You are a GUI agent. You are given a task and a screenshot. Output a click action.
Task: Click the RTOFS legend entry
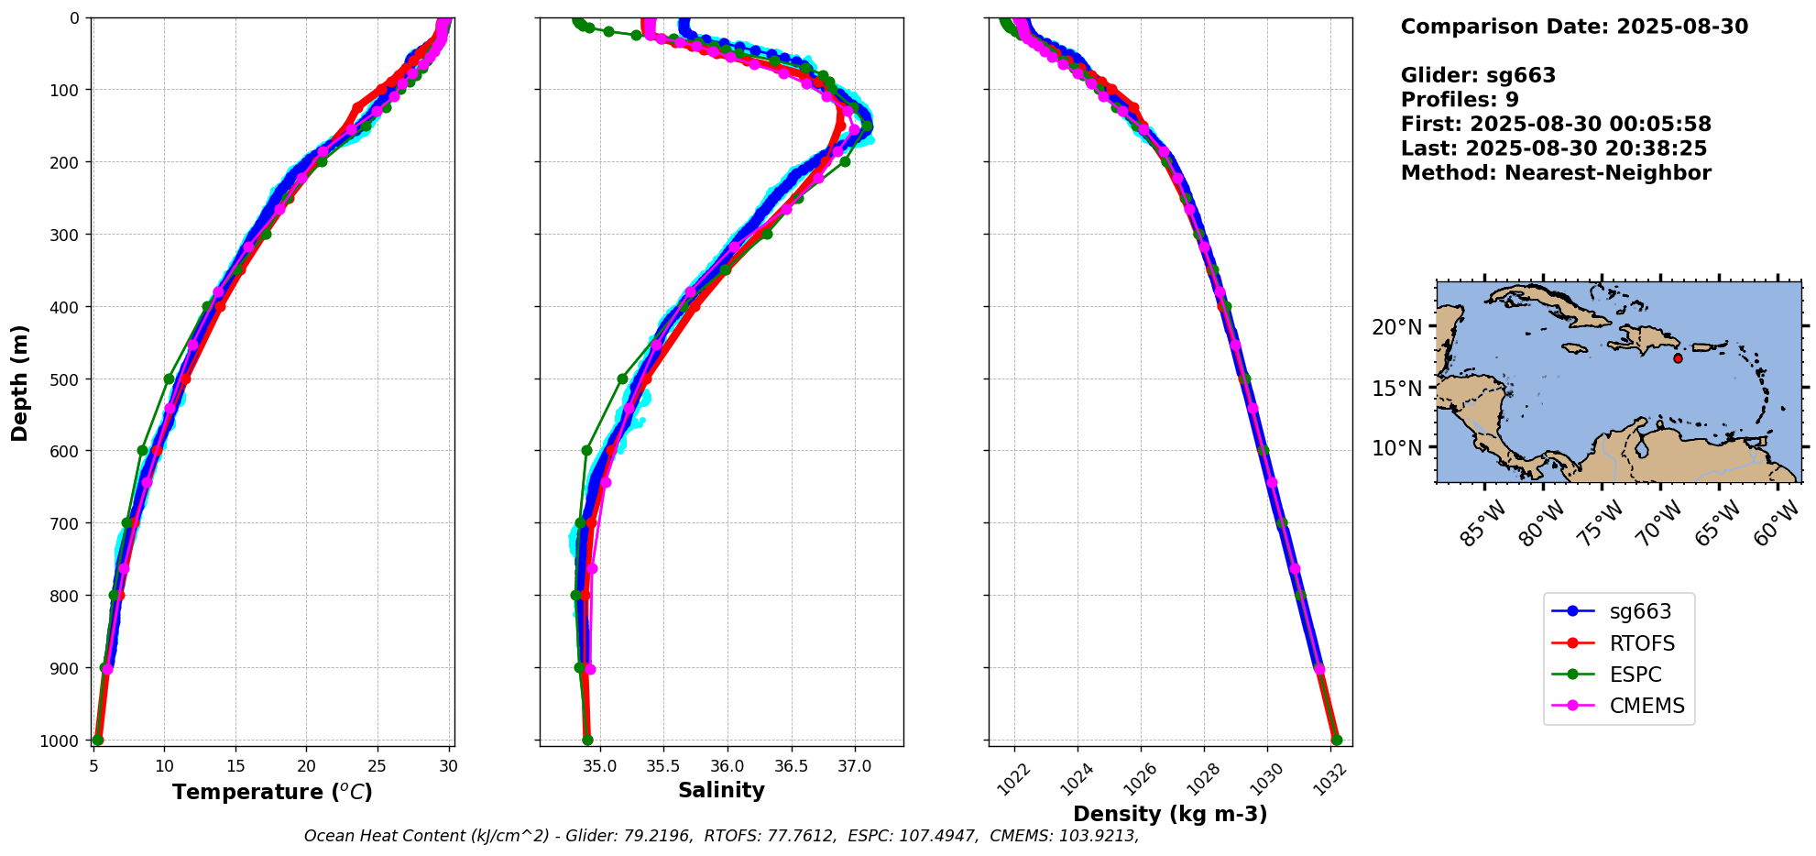point(1640,643)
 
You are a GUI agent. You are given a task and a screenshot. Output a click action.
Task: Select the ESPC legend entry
point(1635,675)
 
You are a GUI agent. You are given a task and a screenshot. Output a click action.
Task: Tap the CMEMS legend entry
point(1646,706)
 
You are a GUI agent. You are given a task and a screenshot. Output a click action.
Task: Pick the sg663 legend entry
point(1640,611)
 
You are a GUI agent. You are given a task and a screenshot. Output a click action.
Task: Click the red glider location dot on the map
point(1678,358)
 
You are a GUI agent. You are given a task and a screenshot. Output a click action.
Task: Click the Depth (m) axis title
point(20,382)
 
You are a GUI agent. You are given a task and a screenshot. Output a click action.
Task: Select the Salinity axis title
point(721,791)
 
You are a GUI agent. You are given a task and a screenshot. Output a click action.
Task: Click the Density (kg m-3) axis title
point(1170,814)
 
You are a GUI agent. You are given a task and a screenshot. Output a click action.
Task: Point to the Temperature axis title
point(272,792)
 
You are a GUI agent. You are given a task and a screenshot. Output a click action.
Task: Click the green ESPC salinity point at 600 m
point(586,450)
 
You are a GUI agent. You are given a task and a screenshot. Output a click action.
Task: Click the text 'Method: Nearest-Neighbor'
point(1556,173)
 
